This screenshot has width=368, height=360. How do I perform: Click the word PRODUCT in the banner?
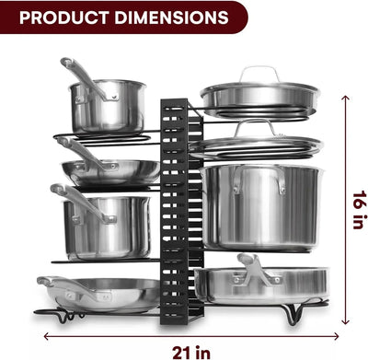click(64, 17)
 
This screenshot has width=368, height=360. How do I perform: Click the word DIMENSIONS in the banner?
click(172, 17)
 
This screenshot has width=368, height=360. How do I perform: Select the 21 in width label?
click(191, 353)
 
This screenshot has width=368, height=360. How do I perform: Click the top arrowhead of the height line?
click(346, 98)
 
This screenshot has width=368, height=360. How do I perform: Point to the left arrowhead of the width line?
click(47, 336)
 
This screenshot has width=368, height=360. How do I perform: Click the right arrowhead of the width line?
click(336, 336)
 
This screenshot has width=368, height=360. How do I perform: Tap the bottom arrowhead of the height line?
click(346, 321)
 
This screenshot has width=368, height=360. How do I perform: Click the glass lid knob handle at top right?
click(259, 74)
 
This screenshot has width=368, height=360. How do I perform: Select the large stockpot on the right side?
click(262, 207)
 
